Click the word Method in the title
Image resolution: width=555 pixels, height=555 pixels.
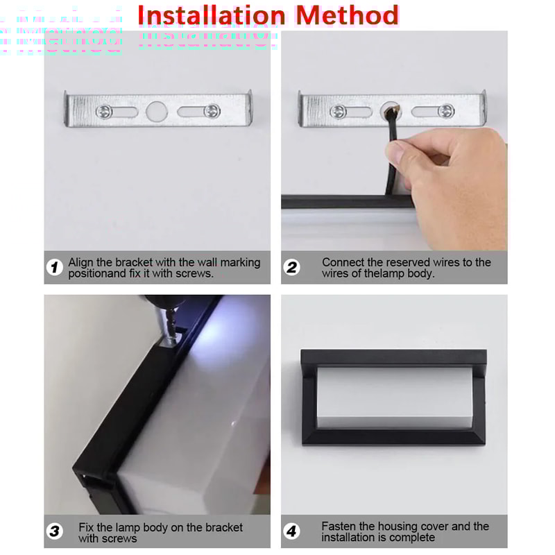[345, 15]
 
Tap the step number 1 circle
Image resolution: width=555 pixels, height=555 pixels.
[55, 267]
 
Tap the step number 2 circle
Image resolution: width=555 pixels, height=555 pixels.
[292, 267]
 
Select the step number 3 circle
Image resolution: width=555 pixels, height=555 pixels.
[55, 531]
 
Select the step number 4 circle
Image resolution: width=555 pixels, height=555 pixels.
[292, 531]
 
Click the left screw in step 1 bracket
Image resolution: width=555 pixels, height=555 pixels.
[103, 110]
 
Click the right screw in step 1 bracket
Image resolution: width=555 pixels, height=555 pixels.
[213, 110]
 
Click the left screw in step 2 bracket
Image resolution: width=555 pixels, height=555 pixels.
[338, 111]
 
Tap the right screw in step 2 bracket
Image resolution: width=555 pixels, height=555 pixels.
[447, 111]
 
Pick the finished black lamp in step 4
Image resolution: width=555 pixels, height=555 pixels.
[393, 396]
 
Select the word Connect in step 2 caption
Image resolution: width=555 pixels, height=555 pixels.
[344, 262]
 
